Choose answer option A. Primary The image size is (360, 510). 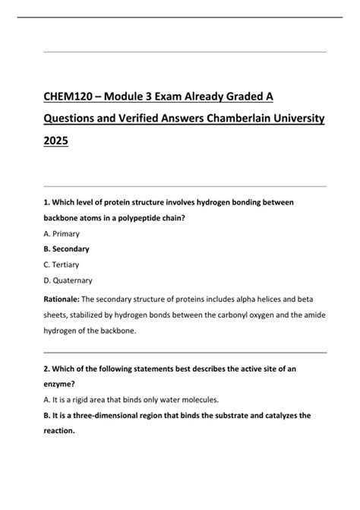(x=62, y=233)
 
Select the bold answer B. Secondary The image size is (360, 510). (x=67, y=249)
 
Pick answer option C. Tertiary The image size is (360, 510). (x=62, y=265)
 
